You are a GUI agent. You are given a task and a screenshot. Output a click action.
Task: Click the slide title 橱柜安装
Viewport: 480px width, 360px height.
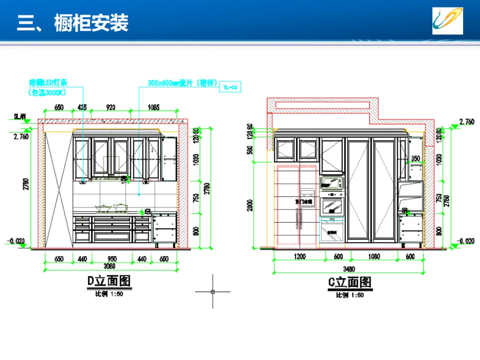[x=91, y=23]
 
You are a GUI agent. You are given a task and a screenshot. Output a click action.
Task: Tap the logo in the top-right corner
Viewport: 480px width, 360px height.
[x=448, y=20]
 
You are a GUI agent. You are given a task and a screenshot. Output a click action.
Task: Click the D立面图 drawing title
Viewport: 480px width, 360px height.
[x=109, y=281]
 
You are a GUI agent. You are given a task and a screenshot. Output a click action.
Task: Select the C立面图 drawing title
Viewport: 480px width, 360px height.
[x=350, y=282]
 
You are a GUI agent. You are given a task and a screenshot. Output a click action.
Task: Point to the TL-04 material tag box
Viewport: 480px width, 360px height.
[x=231, y=88]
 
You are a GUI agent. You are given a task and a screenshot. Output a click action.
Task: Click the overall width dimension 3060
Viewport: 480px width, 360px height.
[x=109, y=266]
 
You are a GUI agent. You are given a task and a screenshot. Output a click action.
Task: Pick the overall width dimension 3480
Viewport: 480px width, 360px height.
[x=349, y=269]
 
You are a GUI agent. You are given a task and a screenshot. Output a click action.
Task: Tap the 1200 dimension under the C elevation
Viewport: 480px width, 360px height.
[x=300, y=257]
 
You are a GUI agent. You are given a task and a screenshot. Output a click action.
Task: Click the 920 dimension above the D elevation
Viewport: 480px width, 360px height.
[x=111, y=108]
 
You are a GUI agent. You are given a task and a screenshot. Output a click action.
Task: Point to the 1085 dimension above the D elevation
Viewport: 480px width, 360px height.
[x=153, y=108]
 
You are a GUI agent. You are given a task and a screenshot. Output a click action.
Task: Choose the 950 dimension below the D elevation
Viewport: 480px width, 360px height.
[x=112, y=259]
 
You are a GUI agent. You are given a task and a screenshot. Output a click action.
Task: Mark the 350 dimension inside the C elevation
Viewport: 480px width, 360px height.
[x=416, y=159]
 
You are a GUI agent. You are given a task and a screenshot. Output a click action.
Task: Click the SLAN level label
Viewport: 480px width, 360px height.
[x=20, y=116]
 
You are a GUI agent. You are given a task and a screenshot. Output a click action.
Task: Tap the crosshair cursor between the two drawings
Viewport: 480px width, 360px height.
[x=213, y=292]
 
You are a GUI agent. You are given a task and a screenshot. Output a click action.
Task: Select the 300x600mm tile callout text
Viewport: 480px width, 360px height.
[x=182, y=83]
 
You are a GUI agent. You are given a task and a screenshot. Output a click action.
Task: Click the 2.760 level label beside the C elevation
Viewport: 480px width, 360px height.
[x=466, y=121]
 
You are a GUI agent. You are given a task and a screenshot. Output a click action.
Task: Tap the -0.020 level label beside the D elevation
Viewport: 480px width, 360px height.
[x=15, y=241]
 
